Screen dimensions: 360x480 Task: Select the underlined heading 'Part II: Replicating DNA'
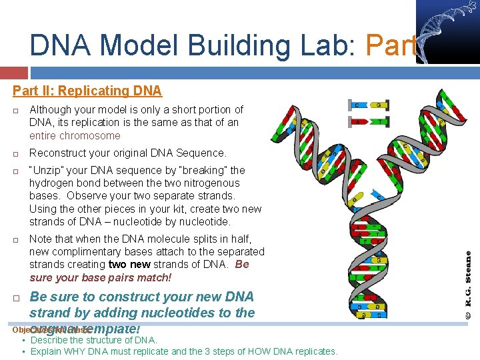pyautogui.click(x=87, y=91)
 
